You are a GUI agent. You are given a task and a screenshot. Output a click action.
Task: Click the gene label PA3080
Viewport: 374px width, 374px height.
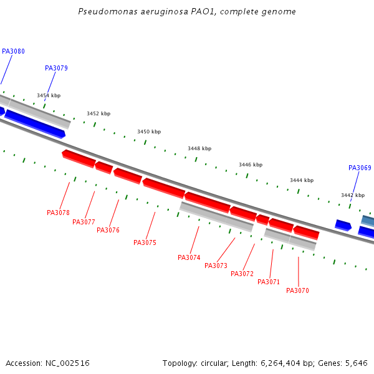point(13,52)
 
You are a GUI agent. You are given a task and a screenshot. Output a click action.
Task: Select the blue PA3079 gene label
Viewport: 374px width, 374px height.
point(56,69)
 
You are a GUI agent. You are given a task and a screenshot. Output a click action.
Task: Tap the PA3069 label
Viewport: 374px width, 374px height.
point(360,168)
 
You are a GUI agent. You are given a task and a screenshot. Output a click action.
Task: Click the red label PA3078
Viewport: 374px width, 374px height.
point(58,213)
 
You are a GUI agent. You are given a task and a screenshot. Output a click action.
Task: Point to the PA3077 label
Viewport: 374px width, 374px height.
point(84,223)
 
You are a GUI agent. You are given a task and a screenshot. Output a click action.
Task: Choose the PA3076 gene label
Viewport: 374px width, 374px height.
point(108,231)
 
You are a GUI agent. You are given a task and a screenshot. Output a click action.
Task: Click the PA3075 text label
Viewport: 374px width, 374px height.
point(145,243)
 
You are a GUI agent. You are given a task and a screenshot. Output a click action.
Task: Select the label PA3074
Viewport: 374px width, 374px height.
point(189,258)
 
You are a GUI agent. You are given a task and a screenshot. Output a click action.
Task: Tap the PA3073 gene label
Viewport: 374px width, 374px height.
point(216,266)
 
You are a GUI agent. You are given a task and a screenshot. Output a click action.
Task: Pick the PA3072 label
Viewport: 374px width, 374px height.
point(242,274)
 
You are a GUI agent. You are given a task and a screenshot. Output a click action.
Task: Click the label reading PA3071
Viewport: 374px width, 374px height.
point(269,282)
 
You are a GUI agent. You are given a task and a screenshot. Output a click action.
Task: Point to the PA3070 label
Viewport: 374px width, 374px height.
point(297,291)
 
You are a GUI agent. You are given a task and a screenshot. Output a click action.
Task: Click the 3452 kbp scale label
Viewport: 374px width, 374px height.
point(98,114)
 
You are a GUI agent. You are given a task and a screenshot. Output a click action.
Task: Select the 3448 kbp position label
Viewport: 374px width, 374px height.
point(199,149)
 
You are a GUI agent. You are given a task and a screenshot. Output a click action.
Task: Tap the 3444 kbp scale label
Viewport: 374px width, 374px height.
point(301,181)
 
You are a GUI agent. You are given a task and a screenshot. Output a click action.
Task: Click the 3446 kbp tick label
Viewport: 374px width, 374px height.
point(251,165)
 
